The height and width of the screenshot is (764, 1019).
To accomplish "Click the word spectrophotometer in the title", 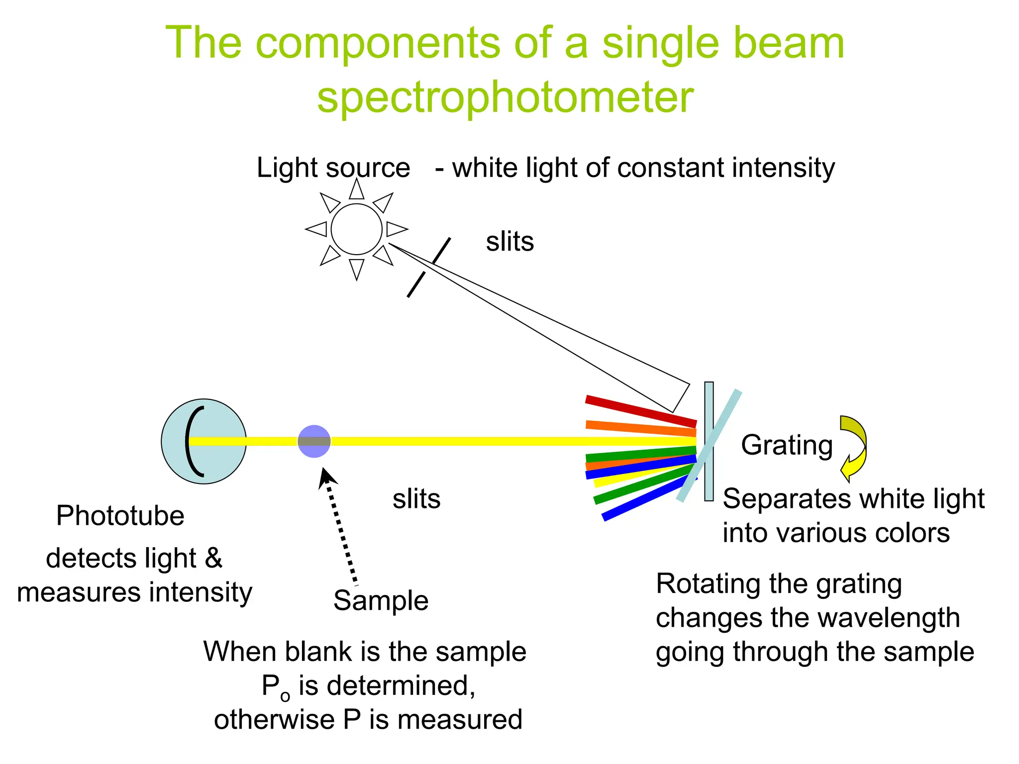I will (x=505, y=97).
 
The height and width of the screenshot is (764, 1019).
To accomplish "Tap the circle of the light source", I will (x=356, y=229).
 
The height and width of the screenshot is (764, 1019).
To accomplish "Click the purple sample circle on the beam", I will (x=314, y=441).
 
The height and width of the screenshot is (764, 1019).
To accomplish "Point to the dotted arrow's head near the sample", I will (x=326, y=477).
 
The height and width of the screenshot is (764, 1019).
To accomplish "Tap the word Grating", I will (x=787, y=445).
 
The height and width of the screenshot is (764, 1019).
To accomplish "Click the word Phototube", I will (x=120, y=515).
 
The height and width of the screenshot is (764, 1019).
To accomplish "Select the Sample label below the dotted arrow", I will (x=381, y=600).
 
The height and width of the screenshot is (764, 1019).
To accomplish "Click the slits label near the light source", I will (x=509, y=242).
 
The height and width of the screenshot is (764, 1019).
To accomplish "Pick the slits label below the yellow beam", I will (x=416, y=499).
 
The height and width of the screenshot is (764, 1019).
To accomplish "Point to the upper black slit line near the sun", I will (x=442, y=250).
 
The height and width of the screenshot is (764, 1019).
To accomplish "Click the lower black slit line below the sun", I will (x=416, y=285).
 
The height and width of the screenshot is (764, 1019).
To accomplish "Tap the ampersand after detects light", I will (x=213, y=558).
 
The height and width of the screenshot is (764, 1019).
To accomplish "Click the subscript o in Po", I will (x=285, y=695).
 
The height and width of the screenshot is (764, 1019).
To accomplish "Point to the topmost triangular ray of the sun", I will (x=356, y=190).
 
